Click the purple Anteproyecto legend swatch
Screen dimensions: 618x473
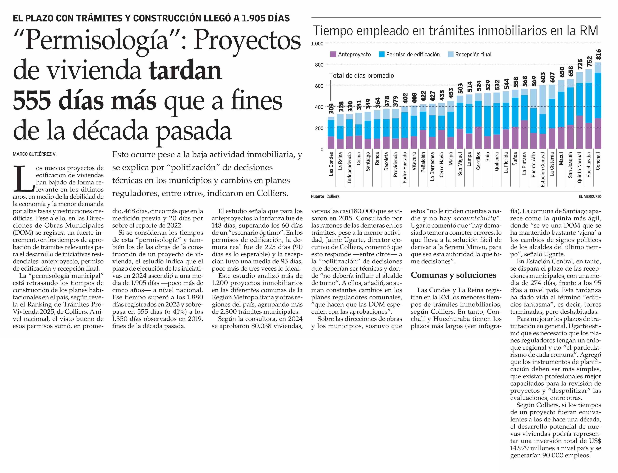[333, 54]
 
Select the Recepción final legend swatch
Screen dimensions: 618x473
[450, 54]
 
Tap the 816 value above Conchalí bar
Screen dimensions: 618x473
[598, 54]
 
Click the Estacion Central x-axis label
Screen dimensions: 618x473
[542, 169]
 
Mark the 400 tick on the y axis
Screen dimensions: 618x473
[319, 107]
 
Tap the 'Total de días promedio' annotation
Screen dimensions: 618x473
[361, 76]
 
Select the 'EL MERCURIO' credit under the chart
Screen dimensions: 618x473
[590, 196]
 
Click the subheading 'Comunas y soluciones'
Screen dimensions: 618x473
[453, 275]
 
